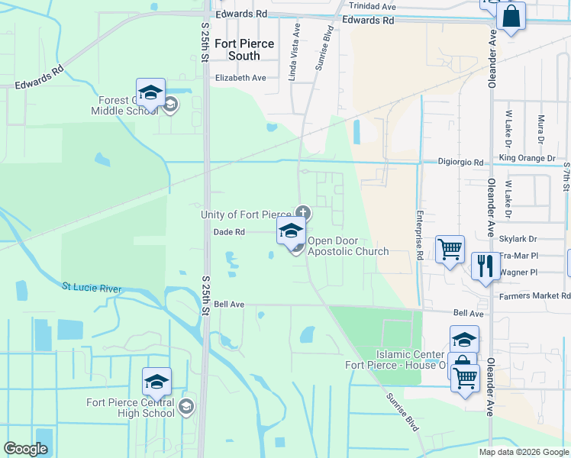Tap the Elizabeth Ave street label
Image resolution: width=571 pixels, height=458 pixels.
[240, 78]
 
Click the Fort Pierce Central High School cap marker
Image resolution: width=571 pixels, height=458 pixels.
[156, 382]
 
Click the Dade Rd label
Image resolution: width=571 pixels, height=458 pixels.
[229, 232]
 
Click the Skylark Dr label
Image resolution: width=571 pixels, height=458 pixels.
[518, 239]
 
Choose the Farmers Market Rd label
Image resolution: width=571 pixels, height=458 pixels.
[535, 295]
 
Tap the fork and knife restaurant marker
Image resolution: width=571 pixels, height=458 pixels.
[486, 266]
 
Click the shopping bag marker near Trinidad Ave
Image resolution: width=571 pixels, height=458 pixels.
[511, 17]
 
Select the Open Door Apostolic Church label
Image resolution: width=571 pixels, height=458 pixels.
[348, 246]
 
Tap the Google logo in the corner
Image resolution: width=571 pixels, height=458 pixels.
[25, 449]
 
